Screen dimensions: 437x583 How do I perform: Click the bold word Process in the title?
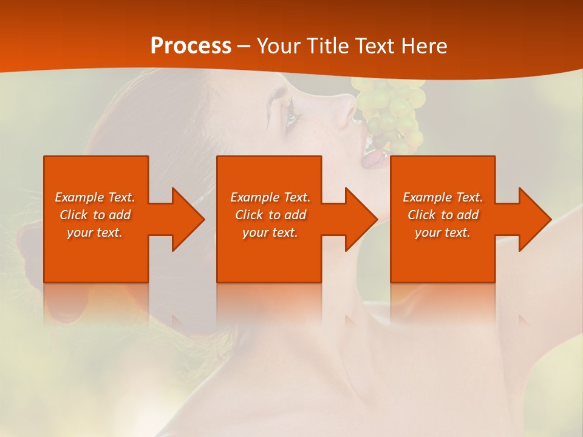click(191, 46)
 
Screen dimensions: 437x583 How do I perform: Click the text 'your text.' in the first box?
click(95, 232)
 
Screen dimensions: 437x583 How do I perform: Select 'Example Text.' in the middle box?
click(270, 197)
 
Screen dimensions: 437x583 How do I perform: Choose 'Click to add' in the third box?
click(443, 215)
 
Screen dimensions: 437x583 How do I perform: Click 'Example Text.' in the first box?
click(95, 197)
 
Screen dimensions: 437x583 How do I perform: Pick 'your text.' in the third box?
click(443, 232)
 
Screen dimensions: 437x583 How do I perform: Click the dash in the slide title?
click(244, 46)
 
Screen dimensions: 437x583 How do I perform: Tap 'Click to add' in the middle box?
click(270, 215)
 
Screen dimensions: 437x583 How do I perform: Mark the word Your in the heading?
click(278, 46)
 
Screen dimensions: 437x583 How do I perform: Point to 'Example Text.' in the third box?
click(443, 197)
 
